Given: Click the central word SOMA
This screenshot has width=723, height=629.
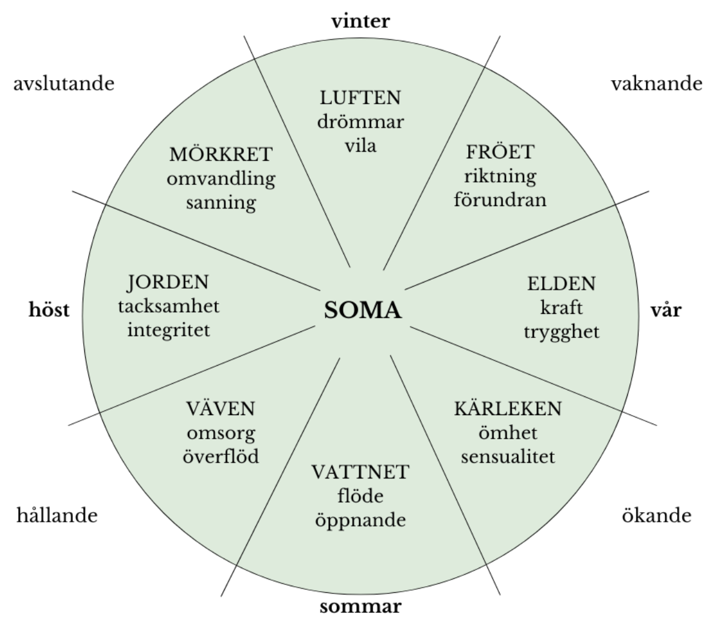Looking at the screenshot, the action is point(363,311).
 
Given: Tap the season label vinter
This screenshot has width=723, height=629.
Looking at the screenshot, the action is point(361,21).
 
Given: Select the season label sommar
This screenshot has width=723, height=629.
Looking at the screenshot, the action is point(360,606).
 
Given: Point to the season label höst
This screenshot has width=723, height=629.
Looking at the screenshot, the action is point(49,310).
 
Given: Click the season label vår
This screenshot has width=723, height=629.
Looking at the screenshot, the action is point(666,311).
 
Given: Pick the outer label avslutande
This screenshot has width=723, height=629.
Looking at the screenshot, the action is point(63,83).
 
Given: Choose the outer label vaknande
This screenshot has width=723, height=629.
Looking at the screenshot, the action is point(657,83).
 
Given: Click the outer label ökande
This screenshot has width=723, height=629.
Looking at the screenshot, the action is point(656,516).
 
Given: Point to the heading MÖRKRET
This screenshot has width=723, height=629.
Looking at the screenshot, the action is point(221,154).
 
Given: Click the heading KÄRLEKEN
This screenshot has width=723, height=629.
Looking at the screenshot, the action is point(507,408).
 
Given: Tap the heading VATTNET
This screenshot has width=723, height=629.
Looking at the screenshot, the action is point(361,471).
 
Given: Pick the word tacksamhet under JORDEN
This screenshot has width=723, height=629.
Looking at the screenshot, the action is point(169,306).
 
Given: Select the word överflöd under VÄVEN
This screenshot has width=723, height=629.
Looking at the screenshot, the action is point(221,456).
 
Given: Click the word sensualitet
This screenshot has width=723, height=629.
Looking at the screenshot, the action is point(508,456).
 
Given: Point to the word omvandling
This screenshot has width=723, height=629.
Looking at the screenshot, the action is point(221,178).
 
